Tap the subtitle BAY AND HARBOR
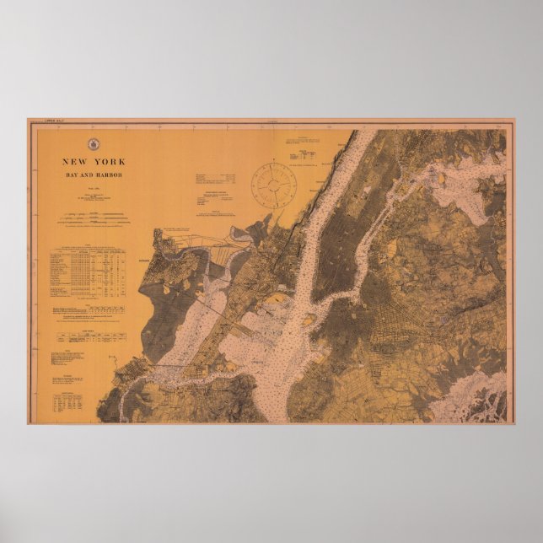[94, 174]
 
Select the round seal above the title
[94, 143]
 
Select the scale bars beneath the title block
[94, 219]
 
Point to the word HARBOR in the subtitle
[109, 174]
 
